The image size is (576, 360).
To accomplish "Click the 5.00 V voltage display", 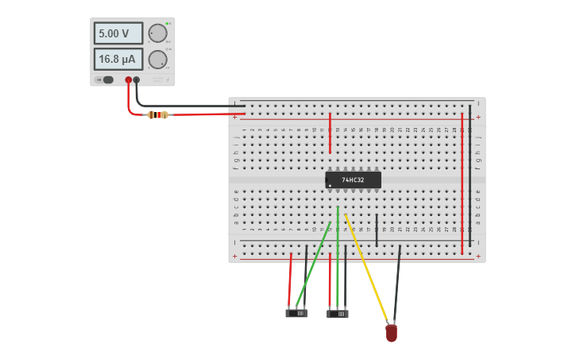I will tap(118, 33).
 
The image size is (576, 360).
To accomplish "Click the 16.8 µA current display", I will tap(118, 59).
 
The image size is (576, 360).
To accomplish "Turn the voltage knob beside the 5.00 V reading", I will tap(157, 33).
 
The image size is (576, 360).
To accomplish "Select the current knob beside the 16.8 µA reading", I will tap(157, 60).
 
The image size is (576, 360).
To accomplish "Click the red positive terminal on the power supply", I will tap(128, 79).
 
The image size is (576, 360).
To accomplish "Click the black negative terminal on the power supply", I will tap(137, 79).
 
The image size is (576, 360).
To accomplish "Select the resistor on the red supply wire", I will tap(158, 114).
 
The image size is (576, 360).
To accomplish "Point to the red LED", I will tap(391, 333).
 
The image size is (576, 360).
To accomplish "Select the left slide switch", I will tap(296, 313).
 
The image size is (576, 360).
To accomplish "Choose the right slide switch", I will tap(338, 314).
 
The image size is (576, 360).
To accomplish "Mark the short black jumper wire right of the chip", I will tap(377, 230).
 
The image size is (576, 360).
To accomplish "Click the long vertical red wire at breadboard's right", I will tap(462, 183).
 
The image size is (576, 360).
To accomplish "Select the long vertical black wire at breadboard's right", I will tap(470, 175).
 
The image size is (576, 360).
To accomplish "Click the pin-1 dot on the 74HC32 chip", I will tap(330, 186).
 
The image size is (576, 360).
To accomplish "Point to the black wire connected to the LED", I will tap(396, 282).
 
